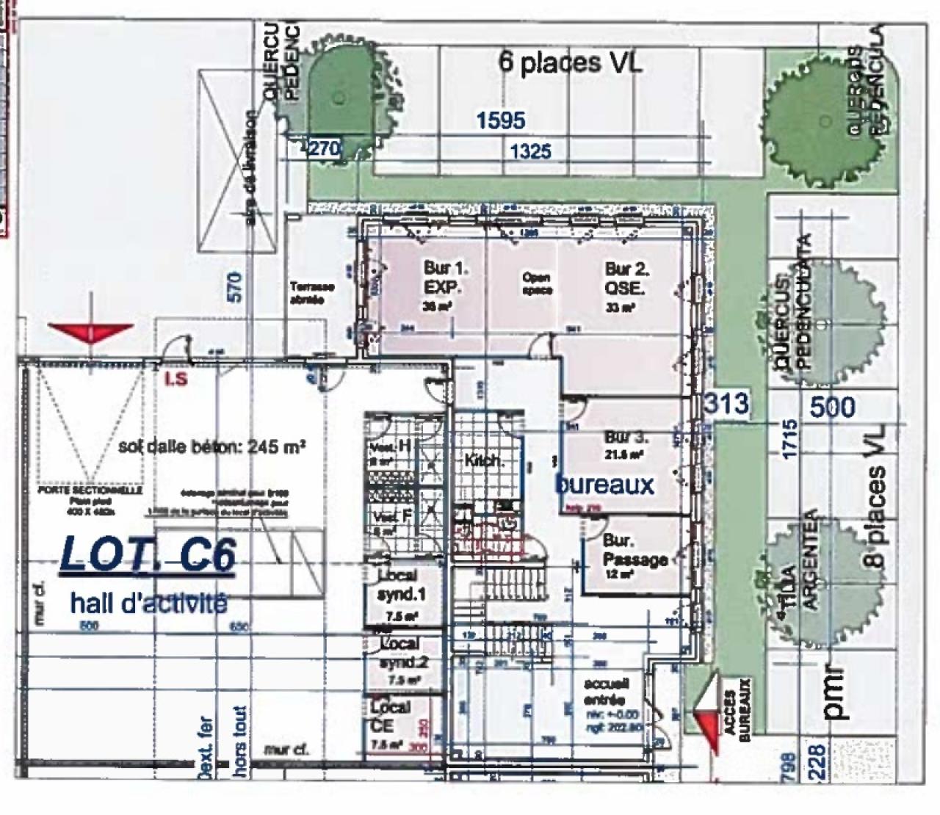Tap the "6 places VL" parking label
point(571,63)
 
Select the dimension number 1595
point(501,120)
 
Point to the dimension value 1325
point(530,151)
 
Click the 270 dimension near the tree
point(324,148)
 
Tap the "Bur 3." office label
point(626,438)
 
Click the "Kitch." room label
point(483,461)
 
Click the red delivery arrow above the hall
point(90,333)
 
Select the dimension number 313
point(726,403)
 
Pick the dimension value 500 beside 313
point(833,407)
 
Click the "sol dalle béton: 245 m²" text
point(211,446)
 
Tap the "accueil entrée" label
point(606,691)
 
